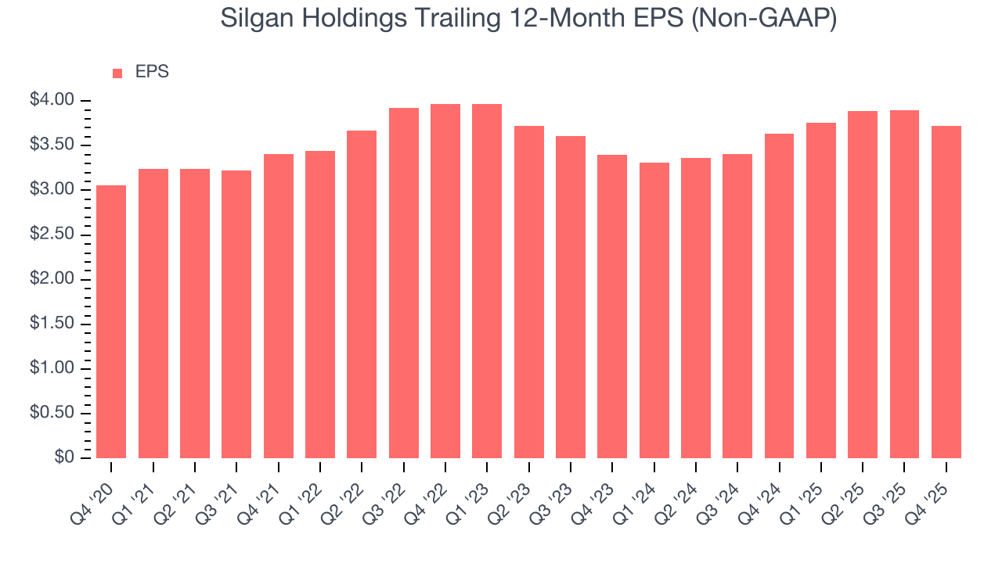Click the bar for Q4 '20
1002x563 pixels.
coord(111,321)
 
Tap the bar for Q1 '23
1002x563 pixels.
coord(487,281)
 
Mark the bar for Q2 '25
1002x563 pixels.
coord(863,285)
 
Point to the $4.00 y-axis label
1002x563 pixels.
coord(52,100)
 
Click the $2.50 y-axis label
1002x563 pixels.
coord(52,235)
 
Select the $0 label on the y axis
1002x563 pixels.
coord(64,457)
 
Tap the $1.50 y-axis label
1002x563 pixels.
coord(52,324)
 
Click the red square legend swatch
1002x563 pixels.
coord(117,73)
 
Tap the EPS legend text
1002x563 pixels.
coord(152,72)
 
